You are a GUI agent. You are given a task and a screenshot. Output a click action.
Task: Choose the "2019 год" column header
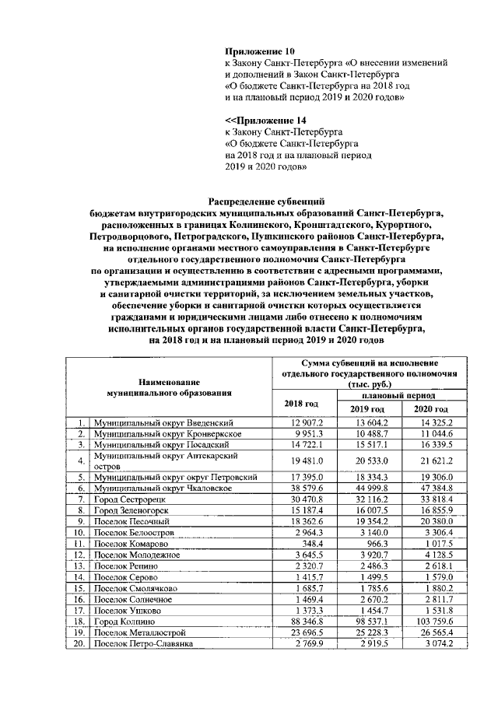[x=366, y=409]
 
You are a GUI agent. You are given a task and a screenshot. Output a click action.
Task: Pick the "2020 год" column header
[x=431, y=409]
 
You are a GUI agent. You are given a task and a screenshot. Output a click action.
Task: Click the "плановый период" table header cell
[x=398, y=396]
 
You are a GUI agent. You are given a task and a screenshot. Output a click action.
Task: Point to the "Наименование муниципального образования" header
[x=170, y=387]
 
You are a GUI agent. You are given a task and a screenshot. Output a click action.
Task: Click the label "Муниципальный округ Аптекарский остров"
[x=164, y=460]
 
